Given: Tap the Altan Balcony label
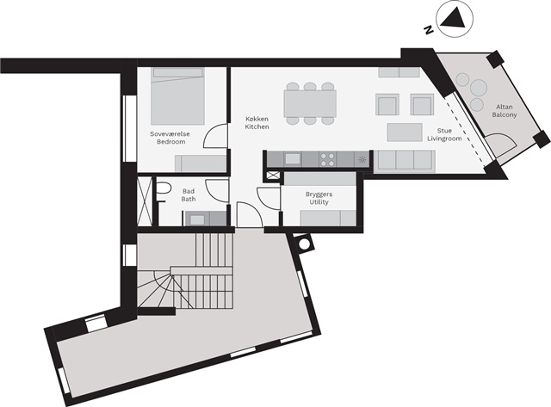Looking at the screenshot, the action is click(x=505, y=111).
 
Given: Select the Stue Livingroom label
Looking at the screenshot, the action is click(x=444, y=134).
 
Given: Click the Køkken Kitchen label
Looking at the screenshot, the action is click(x=257, y=122).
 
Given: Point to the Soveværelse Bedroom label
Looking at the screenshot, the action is click(x=170, y=138).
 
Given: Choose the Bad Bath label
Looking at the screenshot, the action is click(x=189, y=195).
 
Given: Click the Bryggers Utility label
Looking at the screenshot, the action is click(x=319, y=198).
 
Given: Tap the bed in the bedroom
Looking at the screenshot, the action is click(x=178, y=96).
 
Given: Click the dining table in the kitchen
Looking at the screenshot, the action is click(x=310, y=103).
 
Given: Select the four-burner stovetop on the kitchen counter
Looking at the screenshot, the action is click(x=327, y=159).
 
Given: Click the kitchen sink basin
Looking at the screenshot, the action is click(x=293, y=159).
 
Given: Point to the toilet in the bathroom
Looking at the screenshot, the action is click(x=163, y=189).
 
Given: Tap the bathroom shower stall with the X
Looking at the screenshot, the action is click(x=145, y=200).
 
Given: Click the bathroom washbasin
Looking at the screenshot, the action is click(x=197, y=219).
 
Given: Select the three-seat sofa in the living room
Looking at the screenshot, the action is click(x=404, y=161).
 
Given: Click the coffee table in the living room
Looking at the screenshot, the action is click(x=405, y=132).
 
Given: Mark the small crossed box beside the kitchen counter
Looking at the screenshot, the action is click(x=274, y=176).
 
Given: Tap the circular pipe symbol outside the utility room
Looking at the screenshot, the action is click(x=304, y=243).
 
